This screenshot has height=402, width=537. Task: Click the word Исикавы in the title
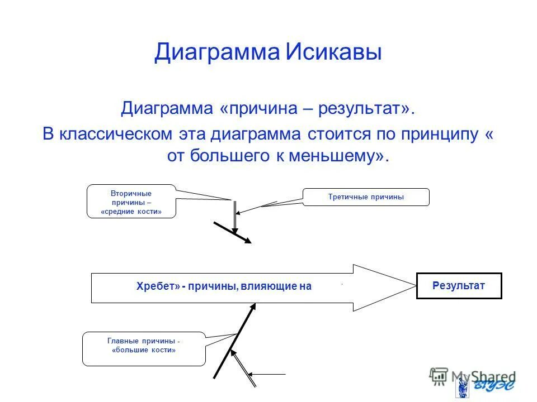334,53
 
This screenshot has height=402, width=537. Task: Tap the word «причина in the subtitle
258,108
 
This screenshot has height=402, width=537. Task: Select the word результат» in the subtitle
367,108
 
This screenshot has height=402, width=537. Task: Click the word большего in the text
219,156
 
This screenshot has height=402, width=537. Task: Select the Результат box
459,286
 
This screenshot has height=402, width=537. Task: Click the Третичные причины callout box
366,197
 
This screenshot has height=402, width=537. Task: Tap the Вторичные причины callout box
131,202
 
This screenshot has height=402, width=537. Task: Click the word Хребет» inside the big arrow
158,286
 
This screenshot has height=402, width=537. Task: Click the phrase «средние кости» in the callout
131,212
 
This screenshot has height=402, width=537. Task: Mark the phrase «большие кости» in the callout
144,351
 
